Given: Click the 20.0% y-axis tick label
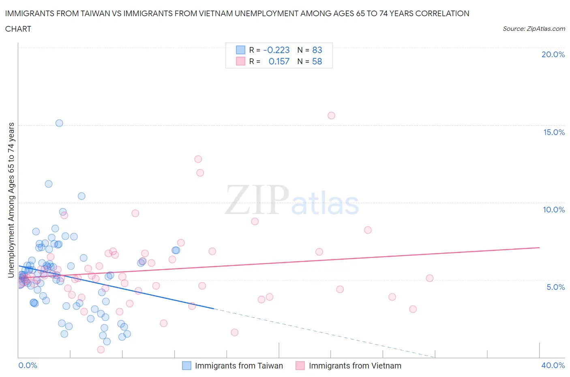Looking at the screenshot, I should [553, 54].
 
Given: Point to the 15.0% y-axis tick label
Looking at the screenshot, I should [554, 132].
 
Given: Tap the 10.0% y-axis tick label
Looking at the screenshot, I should [554, 210].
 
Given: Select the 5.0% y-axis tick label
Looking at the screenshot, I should [555, 287].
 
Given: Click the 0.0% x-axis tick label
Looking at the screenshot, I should [28, 365].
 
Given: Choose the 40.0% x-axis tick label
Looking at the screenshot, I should [553, 365].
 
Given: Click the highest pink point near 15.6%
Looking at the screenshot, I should [331, 116].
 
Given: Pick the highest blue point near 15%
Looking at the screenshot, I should [59, 123].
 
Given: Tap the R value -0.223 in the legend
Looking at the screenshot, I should [276, 50].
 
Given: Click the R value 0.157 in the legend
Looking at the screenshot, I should [279, 61].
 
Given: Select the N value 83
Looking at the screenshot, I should [317, 50].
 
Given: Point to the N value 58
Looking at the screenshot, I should [317, 61].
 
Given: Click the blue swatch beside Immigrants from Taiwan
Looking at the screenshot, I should [186, 366].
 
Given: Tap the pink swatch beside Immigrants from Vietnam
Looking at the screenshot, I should [300, 366].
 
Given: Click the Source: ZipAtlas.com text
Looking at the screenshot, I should [534, 28].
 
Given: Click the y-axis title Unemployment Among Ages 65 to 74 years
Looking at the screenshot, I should [11, 200].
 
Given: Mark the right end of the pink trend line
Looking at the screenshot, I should [539, 247].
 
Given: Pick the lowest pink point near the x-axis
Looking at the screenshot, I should [101, 349].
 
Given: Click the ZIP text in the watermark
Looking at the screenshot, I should [256, 199].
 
